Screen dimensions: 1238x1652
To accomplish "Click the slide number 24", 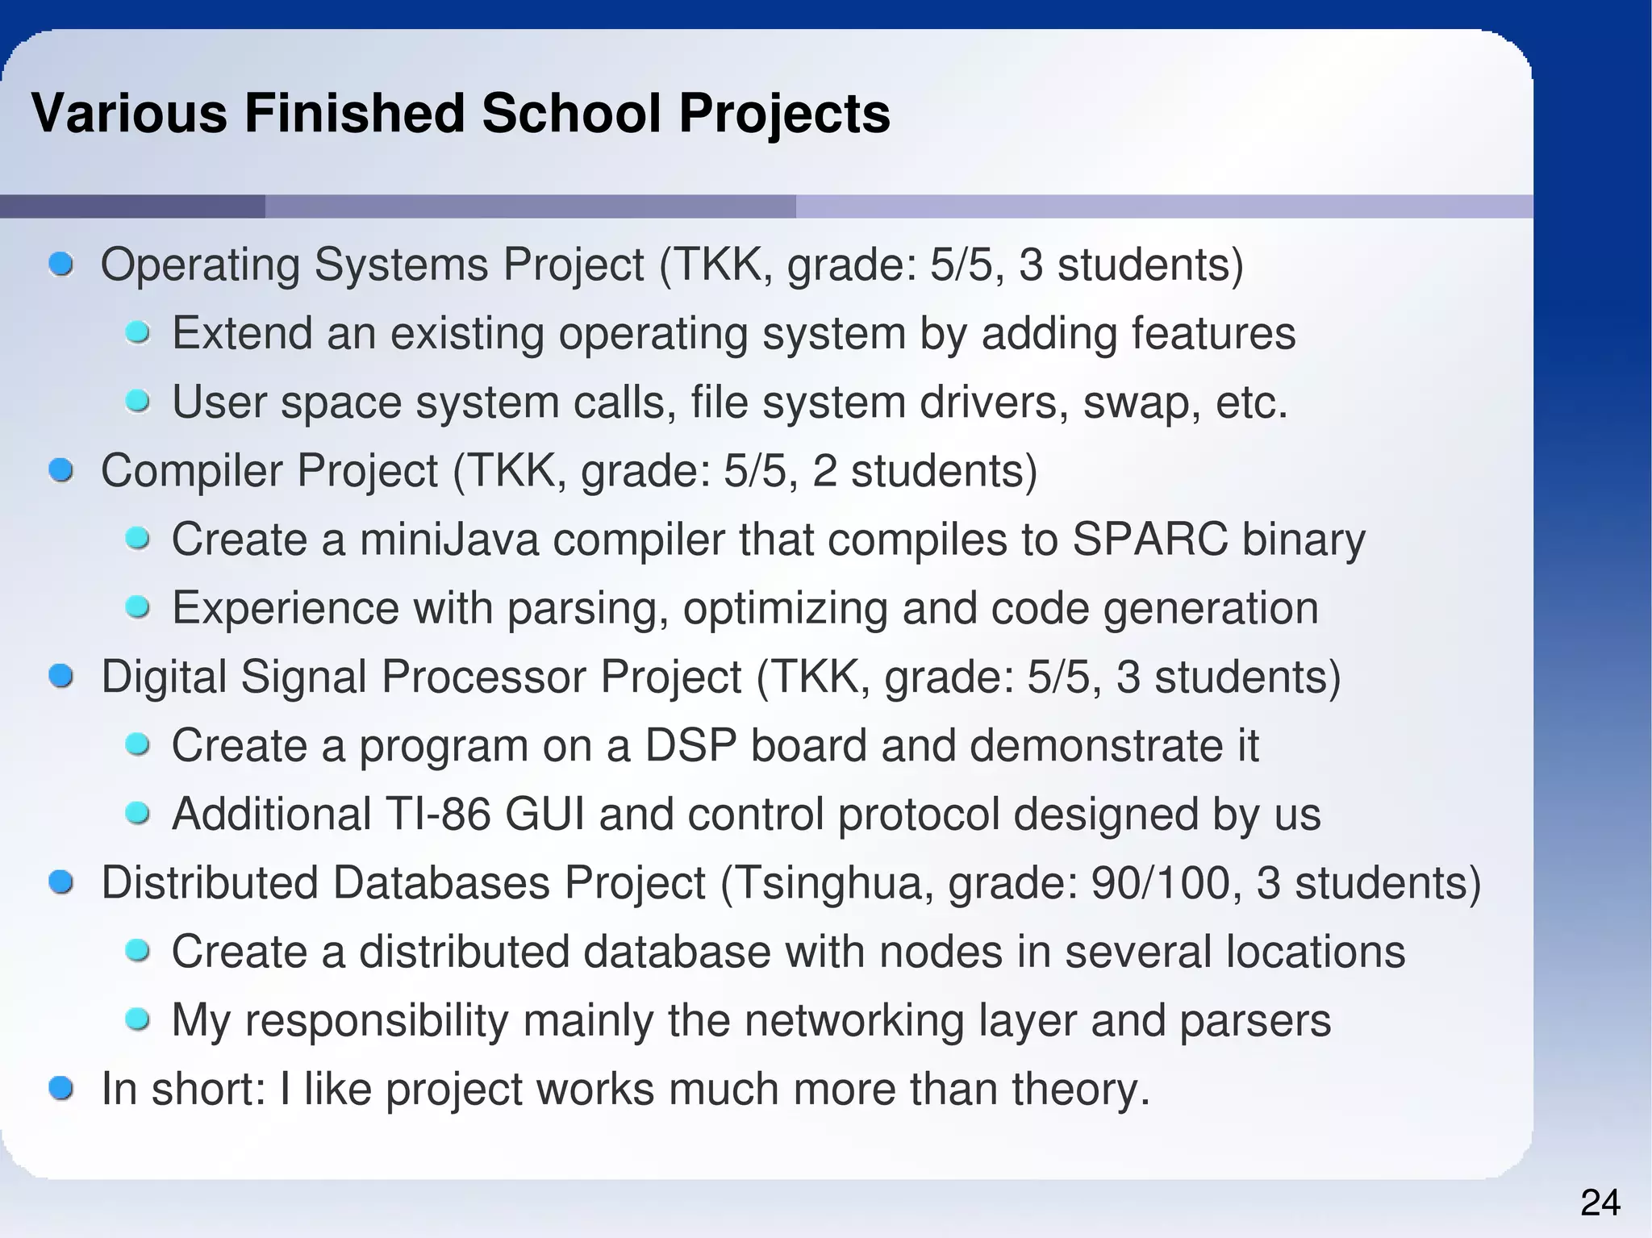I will click(x=1600, y=1203).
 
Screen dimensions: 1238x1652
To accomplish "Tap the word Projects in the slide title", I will click(x=784, y=113).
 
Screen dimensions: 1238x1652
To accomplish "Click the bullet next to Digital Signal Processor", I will click(x=60, y=676).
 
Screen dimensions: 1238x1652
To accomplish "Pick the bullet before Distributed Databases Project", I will click(x=60, y=882).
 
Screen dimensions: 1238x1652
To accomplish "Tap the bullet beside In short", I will click(x=60, y=1089).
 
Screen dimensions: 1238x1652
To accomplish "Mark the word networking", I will click(x=854, y=1020).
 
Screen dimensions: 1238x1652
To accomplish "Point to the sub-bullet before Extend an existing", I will click(x=138, y=332).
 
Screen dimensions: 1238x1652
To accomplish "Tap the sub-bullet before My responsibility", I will click(x=138, y=1020).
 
